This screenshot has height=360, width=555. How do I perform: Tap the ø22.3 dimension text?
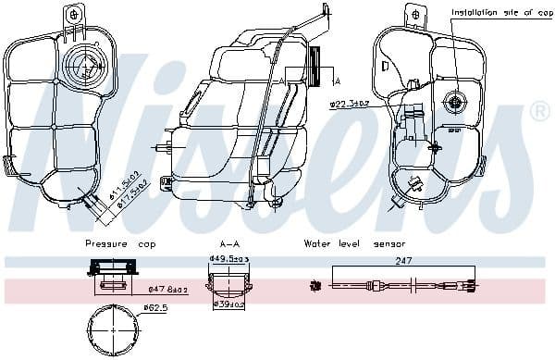(x=350, y=105)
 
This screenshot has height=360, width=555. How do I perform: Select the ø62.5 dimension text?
(x=158, y=307)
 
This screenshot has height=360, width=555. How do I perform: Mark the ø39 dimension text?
(x=229, y=304)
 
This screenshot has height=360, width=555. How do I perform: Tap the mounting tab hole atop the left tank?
(x=74, y=14)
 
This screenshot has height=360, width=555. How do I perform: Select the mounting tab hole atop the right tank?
(x=414, y=14)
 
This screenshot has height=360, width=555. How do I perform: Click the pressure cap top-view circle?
(x=111, y=327)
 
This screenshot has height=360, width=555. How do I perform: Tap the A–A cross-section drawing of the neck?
(x=226, y=281)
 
